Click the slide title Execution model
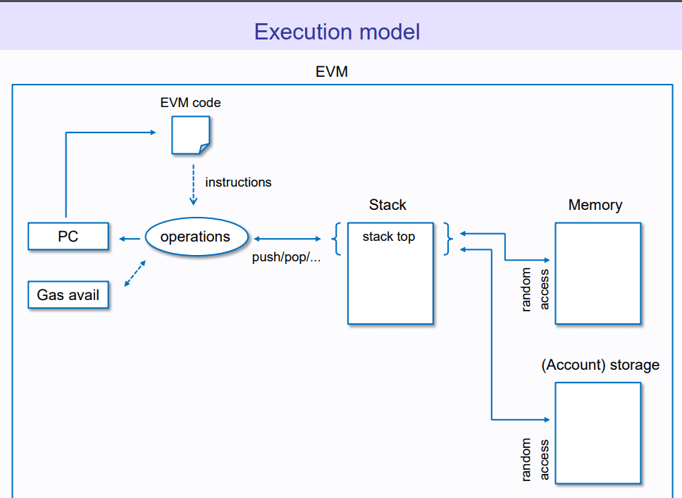337,32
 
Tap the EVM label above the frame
331,72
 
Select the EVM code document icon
190,135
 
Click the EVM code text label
190,103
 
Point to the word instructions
238,182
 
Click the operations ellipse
196,237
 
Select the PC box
68,237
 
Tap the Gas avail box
68,295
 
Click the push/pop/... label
286,258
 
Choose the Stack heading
387,205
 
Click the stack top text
389,237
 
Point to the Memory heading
595,205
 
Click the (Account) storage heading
600,365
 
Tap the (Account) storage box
598,432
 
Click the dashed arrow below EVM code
193,185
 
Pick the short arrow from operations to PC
130,239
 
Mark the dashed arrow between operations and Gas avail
135,273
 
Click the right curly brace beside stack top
448,239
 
